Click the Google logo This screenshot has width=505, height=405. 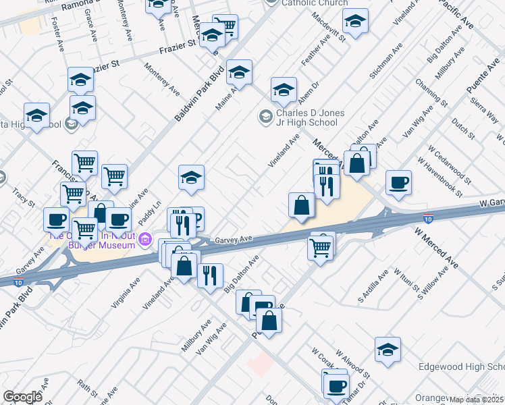coord(23,396)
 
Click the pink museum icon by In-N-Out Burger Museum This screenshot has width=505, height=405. coord(144,240)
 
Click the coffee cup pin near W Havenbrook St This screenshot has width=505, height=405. coord(398,182)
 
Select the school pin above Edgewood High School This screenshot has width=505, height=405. coord(388,349)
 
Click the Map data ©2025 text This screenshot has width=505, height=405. coord(476,400)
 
